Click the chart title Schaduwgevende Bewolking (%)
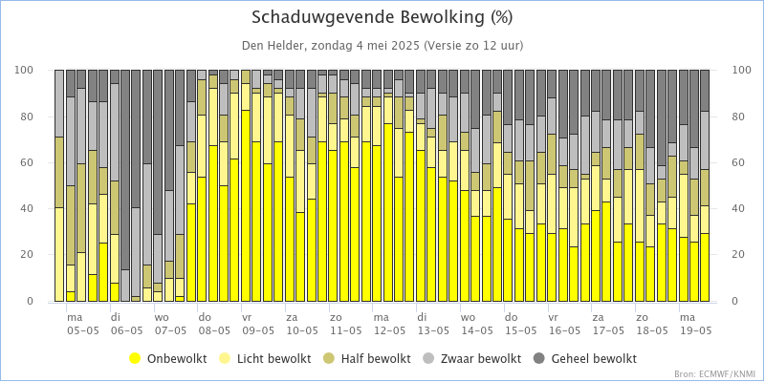[x=382, y=18]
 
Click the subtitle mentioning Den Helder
[x=382, y=46]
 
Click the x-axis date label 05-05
[x=82, y=330]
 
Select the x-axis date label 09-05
[x=257, y=330]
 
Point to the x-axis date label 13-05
[x=432, y=330]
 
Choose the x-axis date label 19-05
[x=695, y=330]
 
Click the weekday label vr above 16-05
[x=553, y=316]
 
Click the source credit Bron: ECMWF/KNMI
[x=714, y=374]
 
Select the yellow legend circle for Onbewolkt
[x=136, y=359]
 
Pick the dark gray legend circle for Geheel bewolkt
[x=538, y=359]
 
